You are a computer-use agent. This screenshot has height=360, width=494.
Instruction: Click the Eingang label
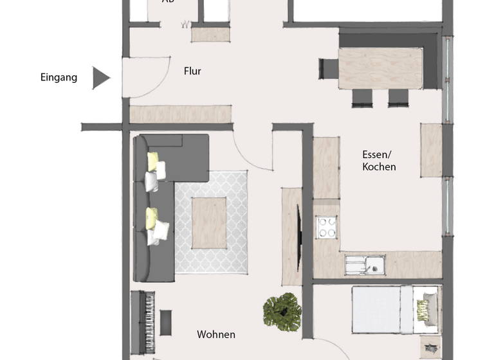(x=59, y=78)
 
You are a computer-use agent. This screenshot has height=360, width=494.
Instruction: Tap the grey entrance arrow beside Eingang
(x=100, y=78)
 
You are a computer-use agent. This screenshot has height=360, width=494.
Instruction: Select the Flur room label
(x=192, y=71)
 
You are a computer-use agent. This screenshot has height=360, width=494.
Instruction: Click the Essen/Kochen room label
(x=379, y=161)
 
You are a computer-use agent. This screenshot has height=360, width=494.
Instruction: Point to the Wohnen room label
(x=215, y=334)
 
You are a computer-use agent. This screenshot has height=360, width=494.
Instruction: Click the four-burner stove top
(x=326, y=228)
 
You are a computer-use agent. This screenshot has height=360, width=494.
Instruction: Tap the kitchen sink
(x=364, y=264)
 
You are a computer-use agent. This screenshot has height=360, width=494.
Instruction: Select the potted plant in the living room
(x=282, y=311)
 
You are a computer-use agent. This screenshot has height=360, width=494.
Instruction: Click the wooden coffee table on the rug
(x=209, y=222)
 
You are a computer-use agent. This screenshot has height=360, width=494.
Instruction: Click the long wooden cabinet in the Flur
(x=181, y=114)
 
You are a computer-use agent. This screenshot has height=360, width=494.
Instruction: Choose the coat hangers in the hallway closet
(x=187, y=26)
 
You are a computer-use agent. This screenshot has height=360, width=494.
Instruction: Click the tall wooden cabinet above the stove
(x=326, y=167)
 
